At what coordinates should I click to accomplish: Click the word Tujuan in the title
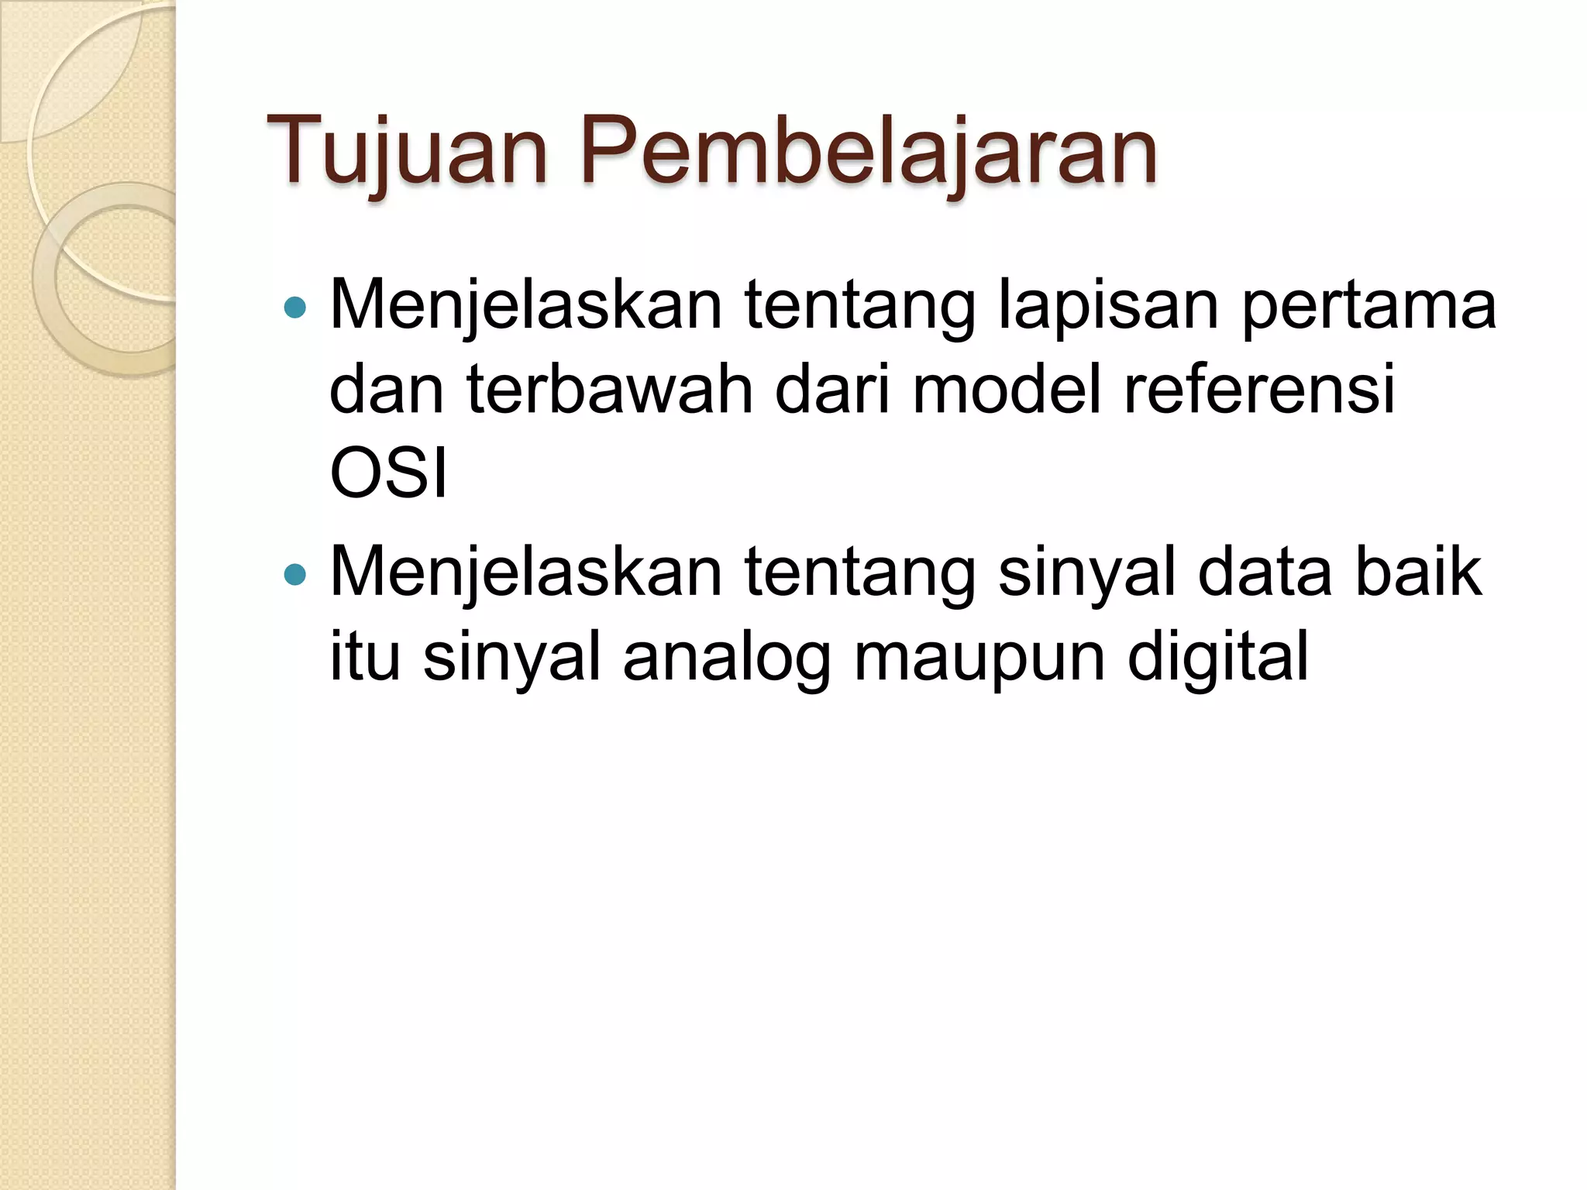406,151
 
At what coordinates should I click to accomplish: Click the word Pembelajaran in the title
868,151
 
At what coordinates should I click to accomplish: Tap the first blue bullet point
295,308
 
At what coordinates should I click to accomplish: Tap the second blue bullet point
295,574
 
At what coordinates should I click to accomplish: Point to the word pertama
1368,306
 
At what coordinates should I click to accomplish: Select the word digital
1217,657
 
